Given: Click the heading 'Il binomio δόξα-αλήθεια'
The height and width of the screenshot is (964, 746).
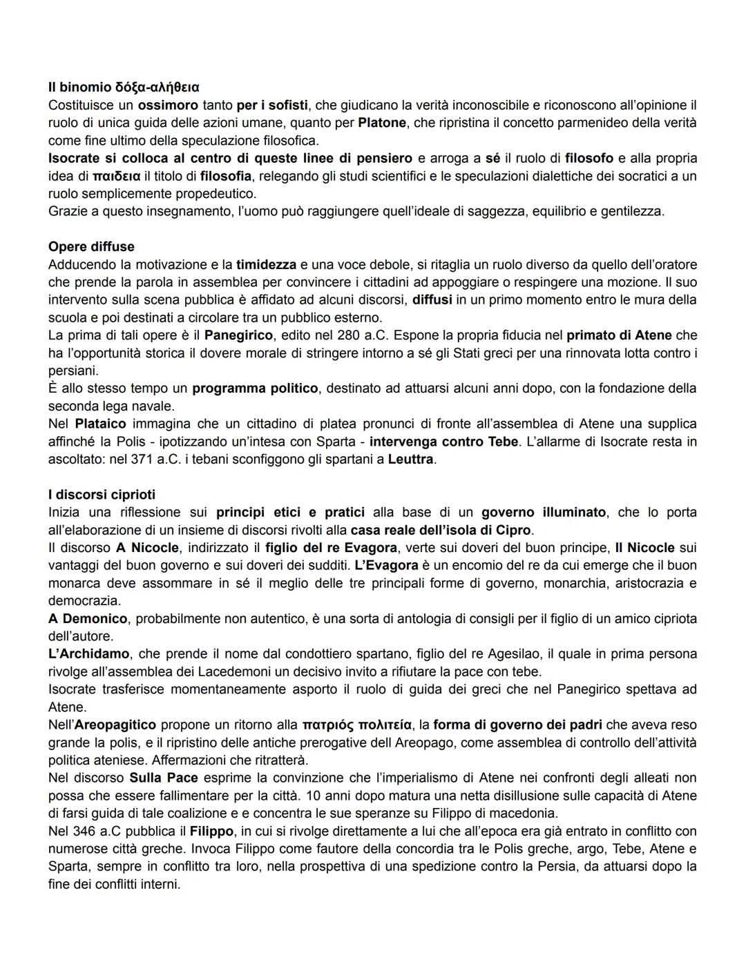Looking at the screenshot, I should tap(124, 88).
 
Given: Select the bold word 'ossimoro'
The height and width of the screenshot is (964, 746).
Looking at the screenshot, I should tap(165, 106).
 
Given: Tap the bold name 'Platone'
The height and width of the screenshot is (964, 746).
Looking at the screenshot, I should tap(381, 123).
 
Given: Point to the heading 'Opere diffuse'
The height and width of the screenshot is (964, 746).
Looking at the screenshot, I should tap(91, 246).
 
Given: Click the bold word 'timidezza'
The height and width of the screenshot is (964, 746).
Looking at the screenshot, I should tap(266, 264).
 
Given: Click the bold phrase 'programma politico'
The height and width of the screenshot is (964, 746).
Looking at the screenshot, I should tap(255, 388).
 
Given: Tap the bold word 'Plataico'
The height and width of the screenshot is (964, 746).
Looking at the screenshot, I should tap(99, 424).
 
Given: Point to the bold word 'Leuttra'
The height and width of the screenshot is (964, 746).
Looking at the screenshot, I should tap(411, 459).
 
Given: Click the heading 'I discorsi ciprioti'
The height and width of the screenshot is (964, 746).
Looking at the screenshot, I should tap(102, 495).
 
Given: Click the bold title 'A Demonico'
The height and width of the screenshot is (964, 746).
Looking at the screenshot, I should tap(88, 618).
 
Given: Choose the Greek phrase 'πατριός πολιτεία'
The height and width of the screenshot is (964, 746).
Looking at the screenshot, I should tap(356, 725).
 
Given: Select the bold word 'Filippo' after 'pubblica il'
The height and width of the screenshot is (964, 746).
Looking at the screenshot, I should tap(211, 831).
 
